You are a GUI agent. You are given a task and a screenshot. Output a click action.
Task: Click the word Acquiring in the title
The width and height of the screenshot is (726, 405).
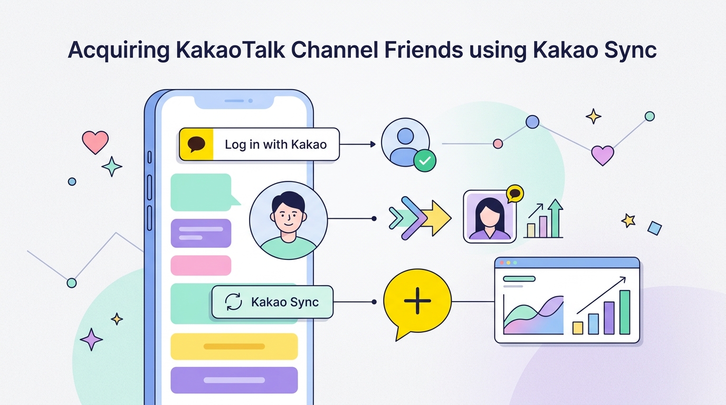coord(119,50)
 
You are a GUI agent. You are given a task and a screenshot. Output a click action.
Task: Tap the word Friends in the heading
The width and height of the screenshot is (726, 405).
coord(424,50)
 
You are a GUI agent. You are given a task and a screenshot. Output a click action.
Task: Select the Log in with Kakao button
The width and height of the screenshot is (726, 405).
coord(259,144)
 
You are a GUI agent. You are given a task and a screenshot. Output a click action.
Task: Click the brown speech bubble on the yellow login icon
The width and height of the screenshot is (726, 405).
coord(196,144)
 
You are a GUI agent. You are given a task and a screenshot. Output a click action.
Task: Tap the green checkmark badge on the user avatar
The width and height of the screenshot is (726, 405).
coord(425,161)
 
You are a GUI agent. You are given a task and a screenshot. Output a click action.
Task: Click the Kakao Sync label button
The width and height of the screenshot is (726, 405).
coord(272,302)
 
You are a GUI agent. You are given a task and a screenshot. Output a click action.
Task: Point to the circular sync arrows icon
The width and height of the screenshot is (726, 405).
coord(233,302)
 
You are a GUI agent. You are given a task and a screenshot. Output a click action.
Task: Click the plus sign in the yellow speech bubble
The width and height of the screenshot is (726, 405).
coord(417,301)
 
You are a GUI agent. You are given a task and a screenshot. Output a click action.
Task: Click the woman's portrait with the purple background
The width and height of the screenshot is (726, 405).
coord(490,216)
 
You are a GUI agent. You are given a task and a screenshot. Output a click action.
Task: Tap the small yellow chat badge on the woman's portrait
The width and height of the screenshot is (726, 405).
coord(514,194)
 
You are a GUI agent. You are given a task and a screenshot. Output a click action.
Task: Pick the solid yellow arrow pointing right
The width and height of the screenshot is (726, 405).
coord(436,218)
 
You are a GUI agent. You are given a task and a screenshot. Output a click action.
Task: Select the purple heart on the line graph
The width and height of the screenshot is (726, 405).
coord(603,156)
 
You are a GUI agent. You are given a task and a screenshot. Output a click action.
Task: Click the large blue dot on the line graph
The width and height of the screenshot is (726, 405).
coord(532,122)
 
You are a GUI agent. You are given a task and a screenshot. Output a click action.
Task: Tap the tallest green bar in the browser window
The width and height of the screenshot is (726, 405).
coord(625,312)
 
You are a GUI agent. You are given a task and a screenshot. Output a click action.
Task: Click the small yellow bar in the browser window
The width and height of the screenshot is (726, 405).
coord(578,328)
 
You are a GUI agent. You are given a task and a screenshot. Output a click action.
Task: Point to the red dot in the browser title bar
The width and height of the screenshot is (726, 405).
coord(502,263)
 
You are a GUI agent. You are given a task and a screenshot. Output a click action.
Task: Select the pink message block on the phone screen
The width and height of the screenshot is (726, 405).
coord(201,265)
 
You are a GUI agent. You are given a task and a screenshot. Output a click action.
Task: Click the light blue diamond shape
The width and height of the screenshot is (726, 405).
coord(654,228)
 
